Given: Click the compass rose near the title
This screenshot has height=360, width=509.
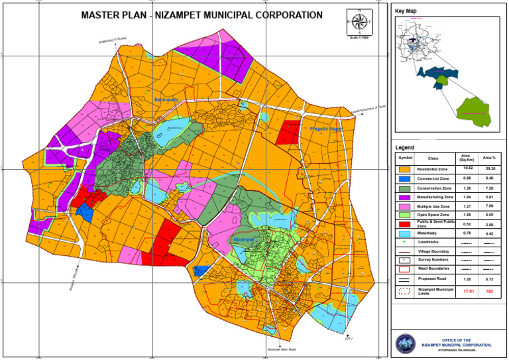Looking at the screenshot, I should [359, 22].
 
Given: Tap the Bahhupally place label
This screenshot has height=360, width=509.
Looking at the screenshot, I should [166, 100].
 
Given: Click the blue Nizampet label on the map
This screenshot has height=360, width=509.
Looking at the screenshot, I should [243, 239].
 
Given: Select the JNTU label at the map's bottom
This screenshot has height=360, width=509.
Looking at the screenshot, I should [348, 339].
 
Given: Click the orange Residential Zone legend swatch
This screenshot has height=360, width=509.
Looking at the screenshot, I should [405, 170].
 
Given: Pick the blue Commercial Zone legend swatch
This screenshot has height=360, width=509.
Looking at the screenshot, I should [405, 179].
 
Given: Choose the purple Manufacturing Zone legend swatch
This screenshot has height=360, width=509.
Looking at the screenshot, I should [405, 198].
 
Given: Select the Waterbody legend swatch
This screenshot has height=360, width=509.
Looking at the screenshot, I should [405, 233].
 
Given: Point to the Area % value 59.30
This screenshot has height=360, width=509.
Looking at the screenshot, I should [489, 170].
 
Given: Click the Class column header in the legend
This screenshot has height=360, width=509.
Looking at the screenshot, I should [433, 158].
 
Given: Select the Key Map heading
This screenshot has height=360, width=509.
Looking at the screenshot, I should [407, 11].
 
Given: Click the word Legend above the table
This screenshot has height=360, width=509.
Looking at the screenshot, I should [404, 147].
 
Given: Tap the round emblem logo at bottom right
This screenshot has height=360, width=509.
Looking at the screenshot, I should [404, 343].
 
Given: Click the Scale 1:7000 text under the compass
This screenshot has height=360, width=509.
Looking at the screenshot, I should [359, 37].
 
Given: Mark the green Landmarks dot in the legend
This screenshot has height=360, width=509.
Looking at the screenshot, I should [405, 243].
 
